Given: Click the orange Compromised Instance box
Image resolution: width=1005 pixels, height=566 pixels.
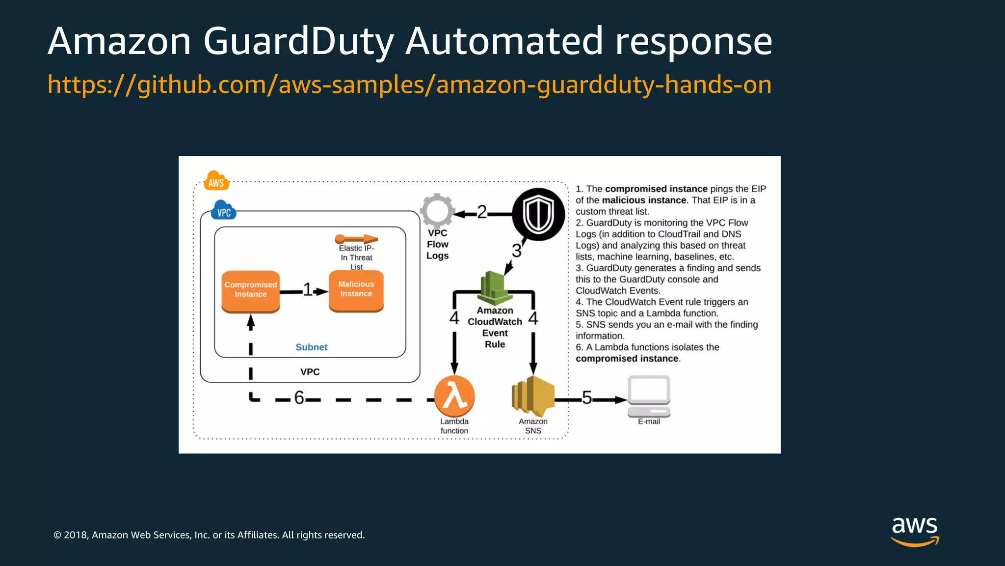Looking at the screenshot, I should click(x=250, y=290).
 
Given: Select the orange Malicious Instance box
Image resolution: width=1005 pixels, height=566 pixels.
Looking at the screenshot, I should click(x=356, y=290).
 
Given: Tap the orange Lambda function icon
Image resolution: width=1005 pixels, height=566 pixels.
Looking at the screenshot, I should click(x=454, y=396).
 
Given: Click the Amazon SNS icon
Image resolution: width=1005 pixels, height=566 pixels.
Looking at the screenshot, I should click(x=533, y=396).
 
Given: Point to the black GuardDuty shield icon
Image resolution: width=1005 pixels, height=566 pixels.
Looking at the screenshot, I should click(x=538, y=215).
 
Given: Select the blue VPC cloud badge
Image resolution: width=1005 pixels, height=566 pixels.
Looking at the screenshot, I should click(x=224, y=211).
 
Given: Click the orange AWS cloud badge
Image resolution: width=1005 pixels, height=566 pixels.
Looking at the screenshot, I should click(x=216, y=181).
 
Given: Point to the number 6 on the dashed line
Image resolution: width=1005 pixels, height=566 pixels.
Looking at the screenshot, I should click(x=299, y=397).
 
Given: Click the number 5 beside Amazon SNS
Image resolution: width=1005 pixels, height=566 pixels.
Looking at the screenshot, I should click(x=586, y=397).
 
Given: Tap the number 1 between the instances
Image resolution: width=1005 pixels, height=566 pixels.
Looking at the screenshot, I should click(x=307, y=290).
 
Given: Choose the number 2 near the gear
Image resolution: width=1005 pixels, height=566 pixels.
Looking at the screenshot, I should click(x=482, y=212).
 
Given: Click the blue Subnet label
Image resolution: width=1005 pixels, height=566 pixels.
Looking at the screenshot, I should click(x=311, y=347).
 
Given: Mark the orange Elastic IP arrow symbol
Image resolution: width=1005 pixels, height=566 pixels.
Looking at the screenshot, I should click(x=356, y=239).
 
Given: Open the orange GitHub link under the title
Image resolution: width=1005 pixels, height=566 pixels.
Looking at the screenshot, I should click(x=409, y=85).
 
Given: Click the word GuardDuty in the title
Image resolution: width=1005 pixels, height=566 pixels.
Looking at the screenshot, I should click(x=298, y=41).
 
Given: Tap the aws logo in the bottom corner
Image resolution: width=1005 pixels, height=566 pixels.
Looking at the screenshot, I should click(x=914, y=531).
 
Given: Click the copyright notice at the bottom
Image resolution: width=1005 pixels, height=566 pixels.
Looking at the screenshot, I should click(x=209, y=535).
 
